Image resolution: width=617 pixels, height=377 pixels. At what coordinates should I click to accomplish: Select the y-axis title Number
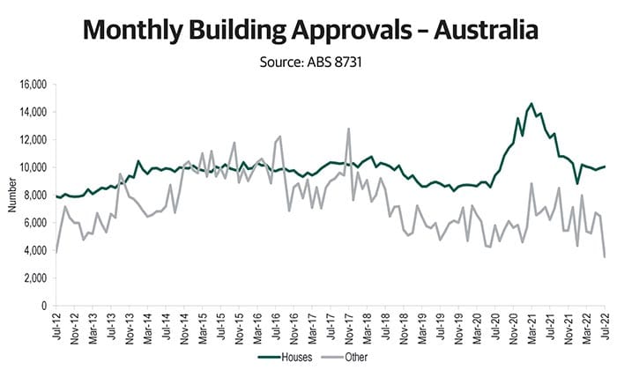click(x=11, y=195)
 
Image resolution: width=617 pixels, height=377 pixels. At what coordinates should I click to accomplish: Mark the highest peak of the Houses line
click(x=531, y=104)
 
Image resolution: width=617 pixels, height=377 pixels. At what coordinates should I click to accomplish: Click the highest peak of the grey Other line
click(x=349, y=129)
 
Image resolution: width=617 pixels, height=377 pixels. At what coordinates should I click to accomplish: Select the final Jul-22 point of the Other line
click(x=604, y=256)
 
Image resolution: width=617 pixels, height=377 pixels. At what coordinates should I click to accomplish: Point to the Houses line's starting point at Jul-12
click(x=56, y=196)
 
